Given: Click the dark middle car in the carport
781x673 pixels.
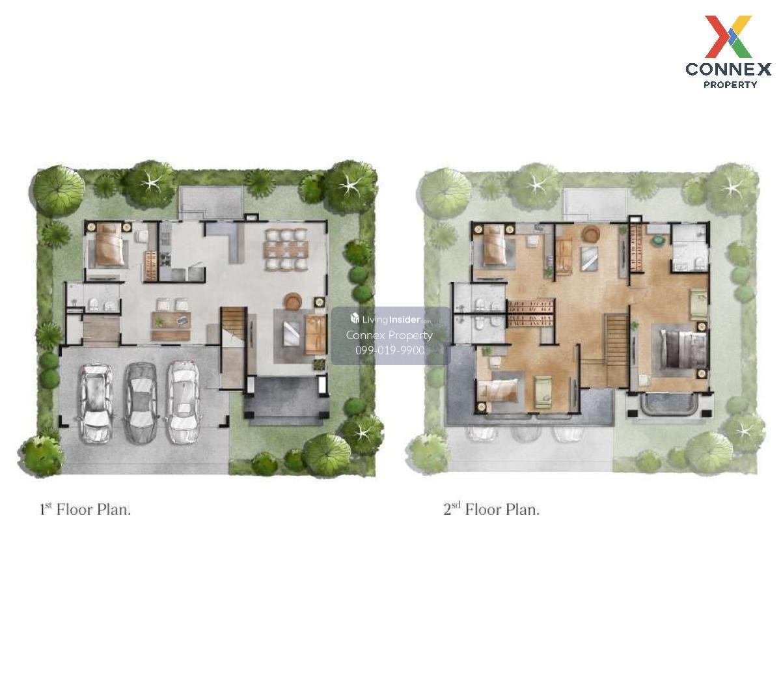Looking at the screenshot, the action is (x=141, y=402).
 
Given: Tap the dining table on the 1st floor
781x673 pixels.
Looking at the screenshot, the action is (x=286, y=250).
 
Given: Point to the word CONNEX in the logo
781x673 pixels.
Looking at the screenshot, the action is (x=728, y=69).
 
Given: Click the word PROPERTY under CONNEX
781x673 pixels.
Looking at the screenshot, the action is (x=730, y=85).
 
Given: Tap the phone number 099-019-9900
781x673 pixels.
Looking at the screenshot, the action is (x=390, y=350).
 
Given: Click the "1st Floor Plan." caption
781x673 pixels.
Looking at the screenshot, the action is (x=85, y=510).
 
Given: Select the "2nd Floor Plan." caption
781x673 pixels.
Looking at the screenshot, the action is (x=491, y=510).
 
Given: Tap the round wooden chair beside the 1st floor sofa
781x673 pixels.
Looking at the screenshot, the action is (x=294, y=301).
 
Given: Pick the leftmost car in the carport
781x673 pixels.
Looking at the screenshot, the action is (x=96, y=403).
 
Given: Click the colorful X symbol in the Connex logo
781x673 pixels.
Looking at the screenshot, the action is (x=728, y=36).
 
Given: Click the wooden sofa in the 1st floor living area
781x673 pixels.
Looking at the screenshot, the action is (x=315, y=334).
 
